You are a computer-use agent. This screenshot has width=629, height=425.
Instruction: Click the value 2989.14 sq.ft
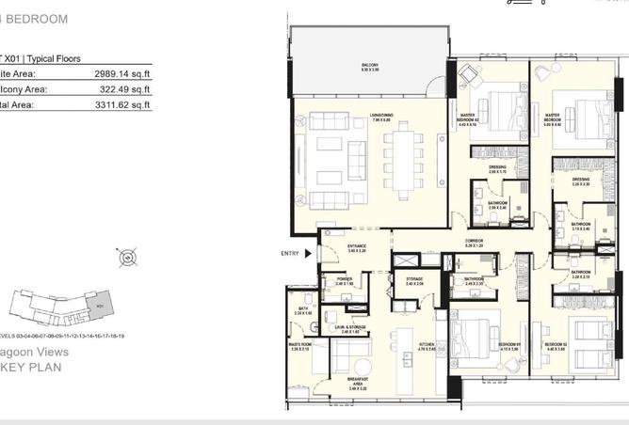tap(122, 72)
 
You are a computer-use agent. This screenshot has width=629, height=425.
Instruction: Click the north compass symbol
tap(127, 258)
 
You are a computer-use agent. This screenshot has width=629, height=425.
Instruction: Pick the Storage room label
tap(414, 280)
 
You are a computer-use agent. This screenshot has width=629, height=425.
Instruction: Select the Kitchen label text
tap(426, 347)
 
